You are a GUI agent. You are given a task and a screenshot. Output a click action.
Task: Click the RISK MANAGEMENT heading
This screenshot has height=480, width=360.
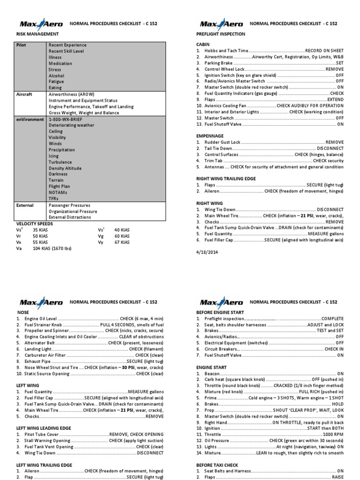[x=38, y=34]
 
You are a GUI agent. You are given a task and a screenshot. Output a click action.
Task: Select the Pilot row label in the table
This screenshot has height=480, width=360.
[x=22, y=45]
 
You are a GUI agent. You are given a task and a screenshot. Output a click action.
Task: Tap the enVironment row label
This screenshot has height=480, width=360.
[x=31, y=120]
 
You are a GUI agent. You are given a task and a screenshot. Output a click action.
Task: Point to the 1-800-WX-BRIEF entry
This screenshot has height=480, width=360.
[x=66, y=120]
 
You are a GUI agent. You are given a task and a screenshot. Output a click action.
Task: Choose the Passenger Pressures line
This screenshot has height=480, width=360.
[x=69, y=205]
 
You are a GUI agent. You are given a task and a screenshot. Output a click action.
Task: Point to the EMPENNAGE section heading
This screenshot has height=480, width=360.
[x=210, y=135]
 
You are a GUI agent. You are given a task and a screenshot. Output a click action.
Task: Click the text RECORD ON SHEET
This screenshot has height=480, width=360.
[x=324, y=51]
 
